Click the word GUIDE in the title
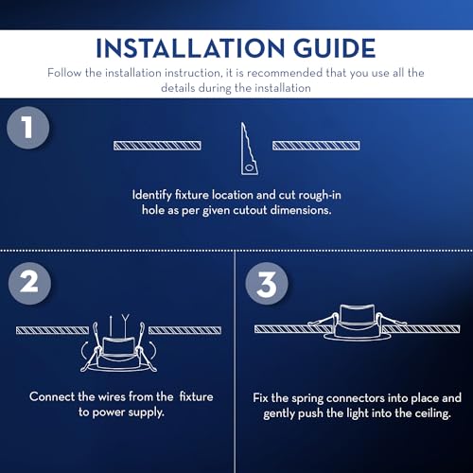tap(334, 48)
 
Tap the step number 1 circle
tap(27, 128)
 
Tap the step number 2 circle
tap(29, 283)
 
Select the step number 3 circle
tap(267, 283)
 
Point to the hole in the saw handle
tap(250, 167)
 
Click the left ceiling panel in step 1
tap(157, 146)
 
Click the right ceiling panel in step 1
tap(316, 146)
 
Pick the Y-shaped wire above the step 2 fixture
tap(126, 325)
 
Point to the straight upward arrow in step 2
tap(111, 325)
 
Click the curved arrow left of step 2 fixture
tap(83, 351)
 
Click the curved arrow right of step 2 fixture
tap(153, 350)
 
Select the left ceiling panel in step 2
tap(53, 330)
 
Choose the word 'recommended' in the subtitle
tap(285, 73)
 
